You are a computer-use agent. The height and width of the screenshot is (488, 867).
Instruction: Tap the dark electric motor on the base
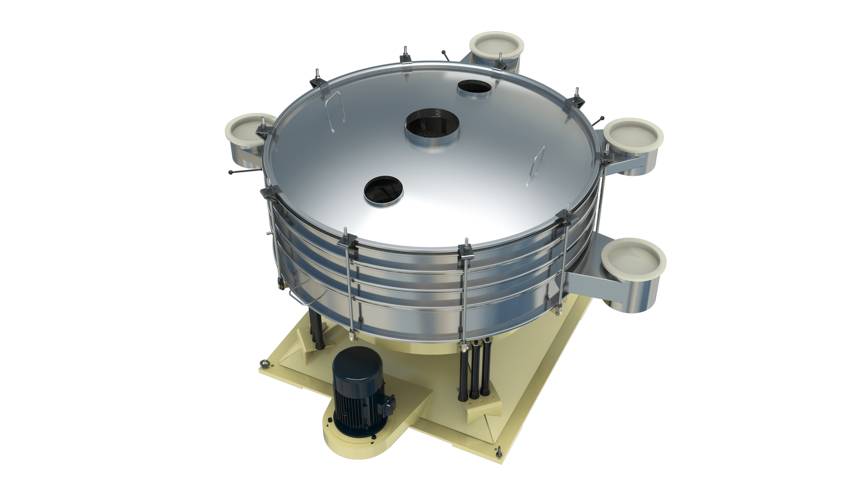coord(359,391)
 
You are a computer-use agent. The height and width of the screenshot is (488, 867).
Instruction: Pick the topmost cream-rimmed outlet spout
coord(496,47)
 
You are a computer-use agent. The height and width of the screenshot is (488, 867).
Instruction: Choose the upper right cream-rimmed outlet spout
coord(633,136)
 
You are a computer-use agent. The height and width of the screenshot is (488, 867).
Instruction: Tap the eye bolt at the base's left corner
coord(263,364)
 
